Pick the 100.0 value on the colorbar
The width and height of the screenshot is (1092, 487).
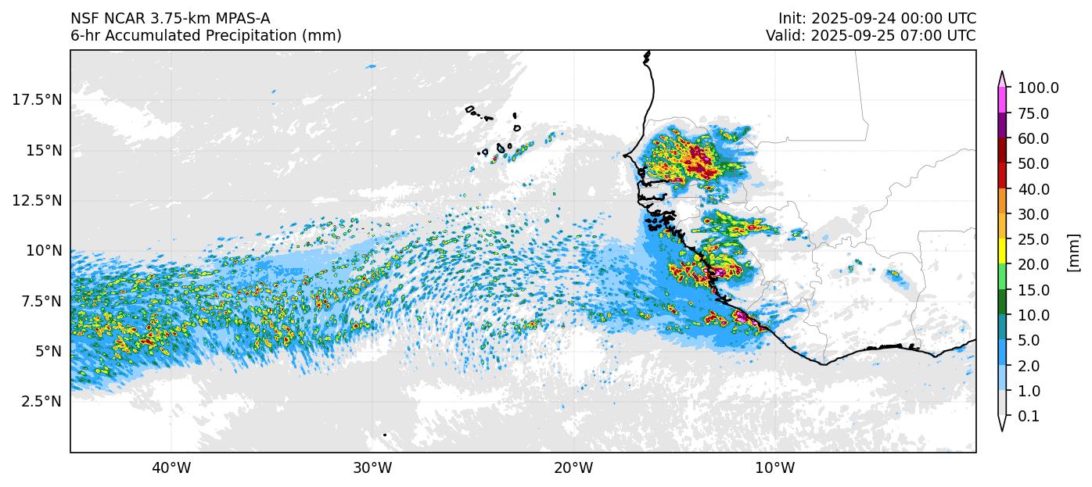point(1038,88)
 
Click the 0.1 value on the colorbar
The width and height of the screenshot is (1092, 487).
point(1029,417)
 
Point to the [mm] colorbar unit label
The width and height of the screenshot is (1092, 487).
point(1073,252)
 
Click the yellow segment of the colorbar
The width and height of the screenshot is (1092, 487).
point(1002,252)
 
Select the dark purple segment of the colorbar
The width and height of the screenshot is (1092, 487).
point(1002,126)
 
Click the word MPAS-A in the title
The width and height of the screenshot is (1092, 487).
point(242,18)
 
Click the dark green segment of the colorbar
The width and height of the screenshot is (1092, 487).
point(1002,303)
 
